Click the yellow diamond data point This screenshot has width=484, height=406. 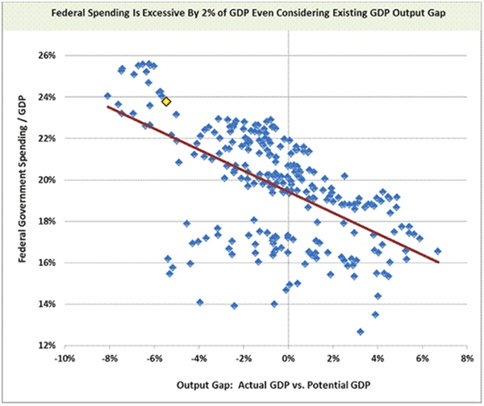tap(166, 101)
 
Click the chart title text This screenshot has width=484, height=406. tap(242, 14)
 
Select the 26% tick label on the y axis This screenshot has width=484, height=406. tap(43, 56)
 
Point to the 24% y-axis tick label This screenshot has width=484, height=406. tap(43, 97)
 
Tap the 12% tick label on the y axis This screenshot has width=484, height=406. tap(43, 345)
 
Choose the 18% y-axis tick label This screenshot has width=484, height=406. tap(43, 221)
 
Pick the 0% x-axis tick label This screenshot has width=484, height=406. tap(289, 359)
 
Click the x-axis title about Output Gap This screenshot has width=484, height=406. tap(258, 384)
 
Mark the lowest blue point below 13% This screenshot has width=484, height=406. tap(360, 332)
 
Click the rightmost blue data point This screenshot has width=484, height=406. tap(438, 251)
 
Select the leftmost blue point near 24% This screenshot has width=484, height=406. tap(107, 96)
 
